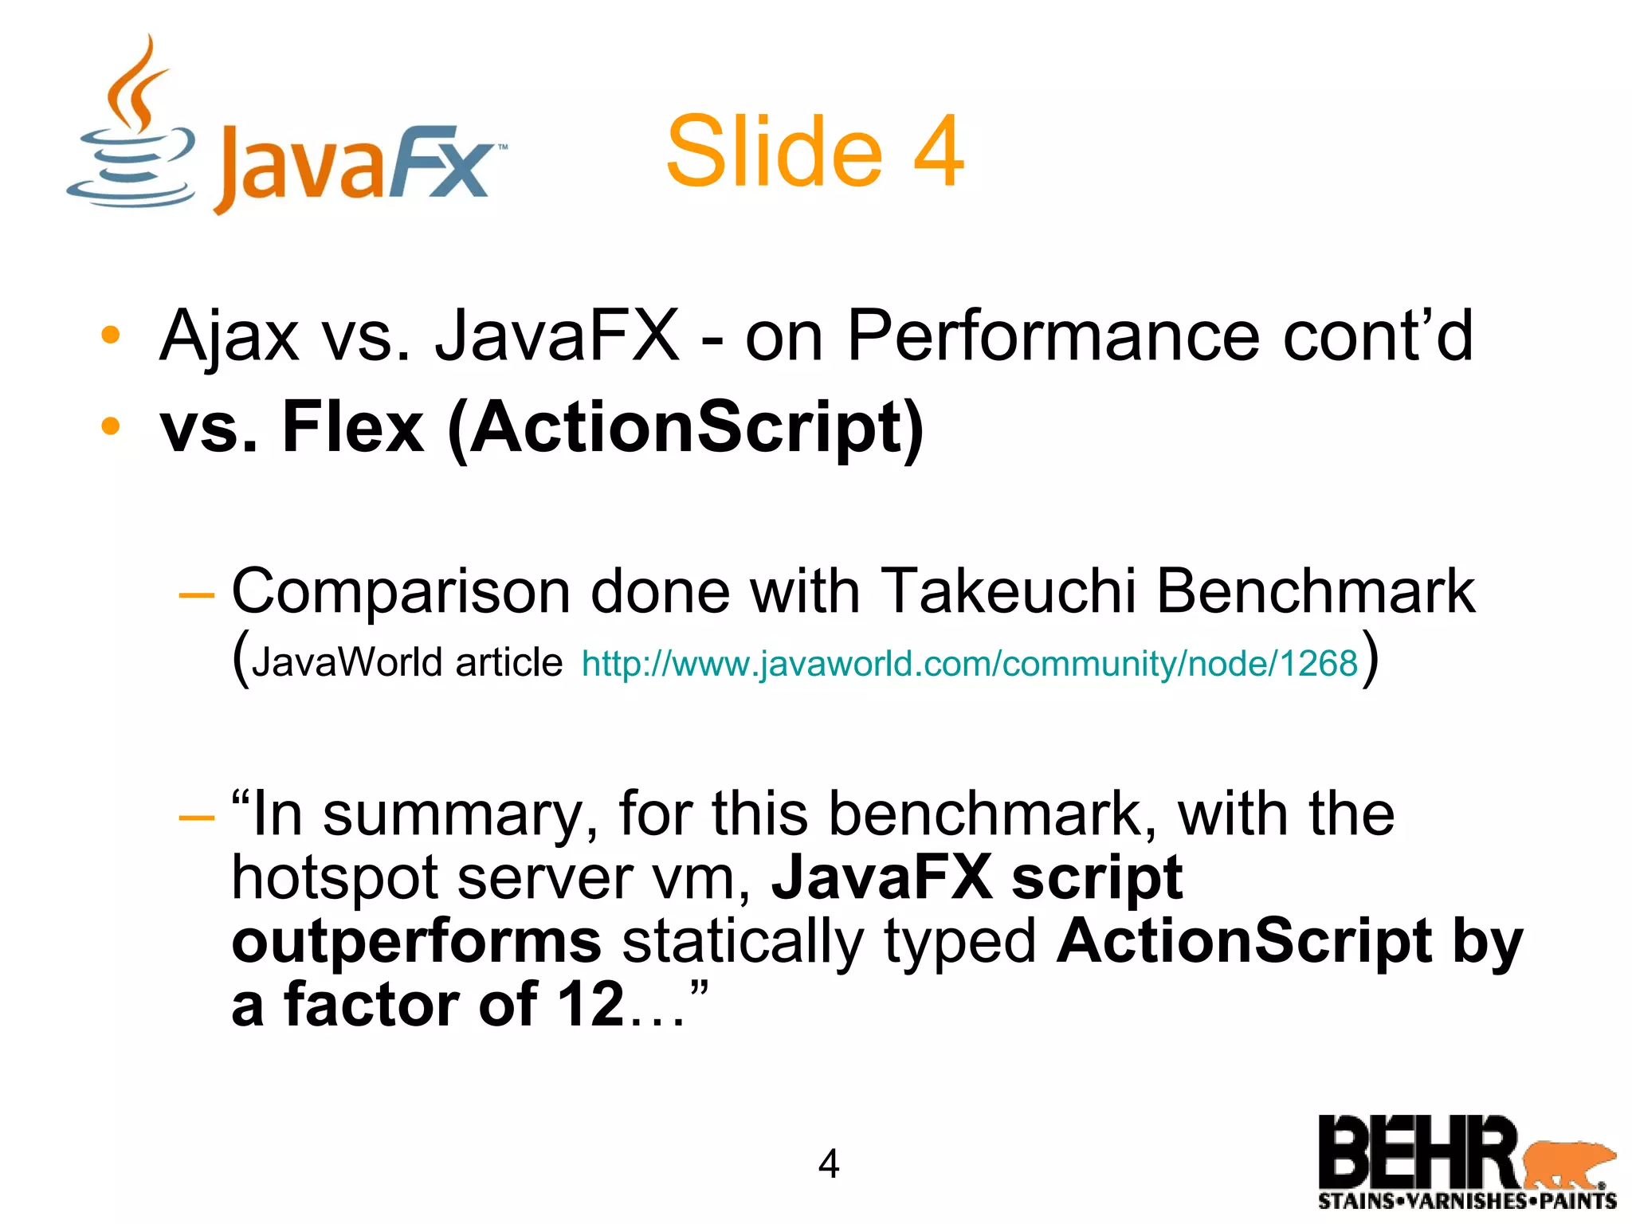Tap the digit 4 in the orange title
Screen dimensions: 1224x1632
click(938, 151)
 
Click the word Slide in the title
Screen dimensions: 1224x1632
click(774, 151)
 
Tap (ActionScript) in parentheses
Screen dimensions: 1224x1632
click(685, 428)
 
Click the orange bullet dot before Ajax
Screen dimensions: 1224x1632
click(110, 335)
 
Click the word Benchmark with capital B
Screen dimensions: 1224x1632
click(1315, 591)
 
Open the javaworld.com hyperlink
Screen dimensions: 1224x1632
click(969, 663)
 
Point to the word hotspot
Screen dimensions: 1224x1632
click(334, 877)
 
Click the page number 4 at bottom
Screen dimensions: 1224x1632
click(829, 1164)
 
